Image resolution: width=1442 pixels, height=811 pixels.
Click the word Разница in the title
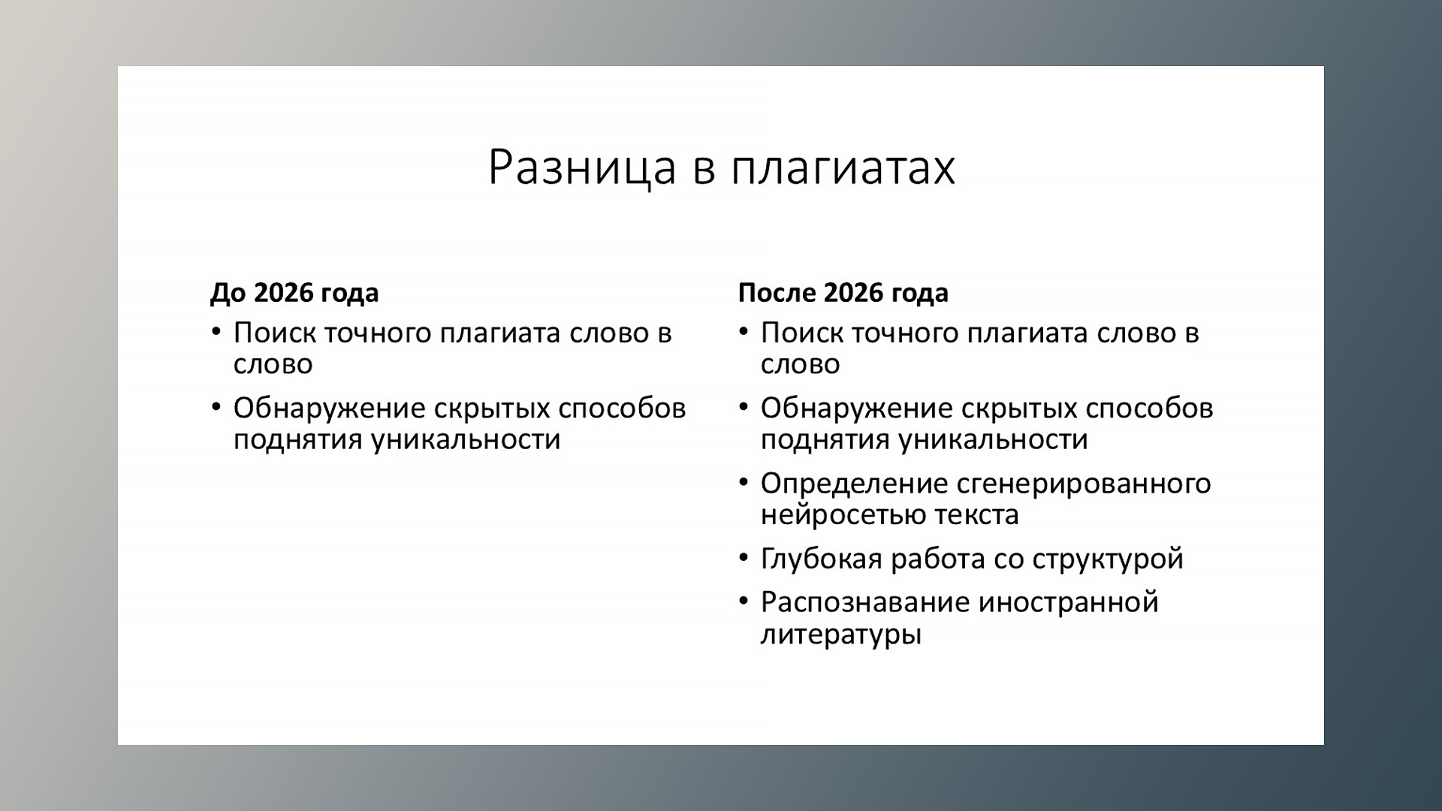click(x=582, y=167)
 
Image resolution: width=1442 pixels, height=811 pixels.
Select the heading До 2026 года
click(x=294, y=292)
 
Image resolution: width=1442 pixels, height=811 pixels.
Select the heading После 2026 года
click(x=843, y=292)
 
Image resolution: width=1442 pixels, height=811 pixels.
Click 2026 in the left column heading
click(x=283, y=292)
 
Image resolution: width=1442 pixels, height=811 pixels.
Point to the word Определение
click(x=853, y=484)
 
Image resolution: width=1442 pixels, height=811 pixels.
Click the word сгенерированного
click(x=1084, y=484)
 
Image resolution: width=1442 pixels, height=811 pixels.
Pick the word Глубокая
click(x=821, y=559)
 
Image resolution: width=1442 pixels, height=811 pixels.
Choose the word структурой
click(x=1108, y=559)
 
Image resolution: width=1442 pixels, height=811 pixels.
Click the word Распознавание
click(x=864, y=602)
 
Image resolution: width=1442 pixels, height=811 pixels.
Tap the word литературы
click(x=840, y=635)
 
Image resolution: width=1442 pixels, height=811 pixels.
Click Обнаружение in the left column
click(x=329, y=409)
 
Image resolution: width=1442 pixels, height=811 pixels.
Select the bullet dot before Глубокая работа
click(x=744, y=557)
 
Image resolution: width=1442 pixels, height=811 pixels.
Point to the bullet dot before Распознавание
click(x=744, y=601)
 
